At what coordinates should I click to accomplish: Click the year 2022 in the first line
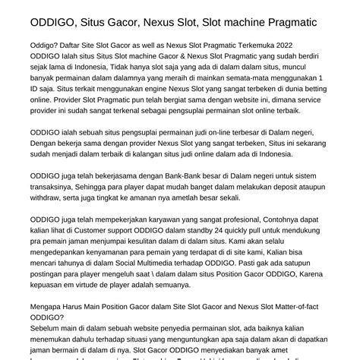point(310,65)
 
